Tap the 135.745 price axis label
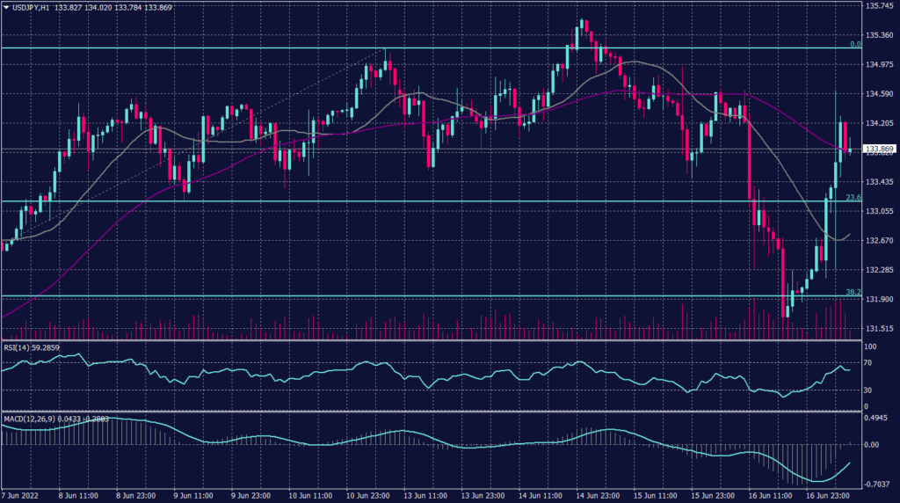[880, 6]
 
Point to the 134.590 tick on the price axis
[880, 94]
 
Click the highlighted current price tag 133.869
[880, 149]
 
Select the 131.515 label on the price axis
[880, 328]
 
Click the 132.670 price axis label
[880, 240]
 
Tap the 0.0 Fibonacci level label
[854, 44]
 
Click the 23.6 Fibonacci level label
[853, 198]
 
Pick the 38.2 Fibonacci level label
[853, 291]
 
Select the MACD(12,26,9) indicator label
[30, 418]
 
